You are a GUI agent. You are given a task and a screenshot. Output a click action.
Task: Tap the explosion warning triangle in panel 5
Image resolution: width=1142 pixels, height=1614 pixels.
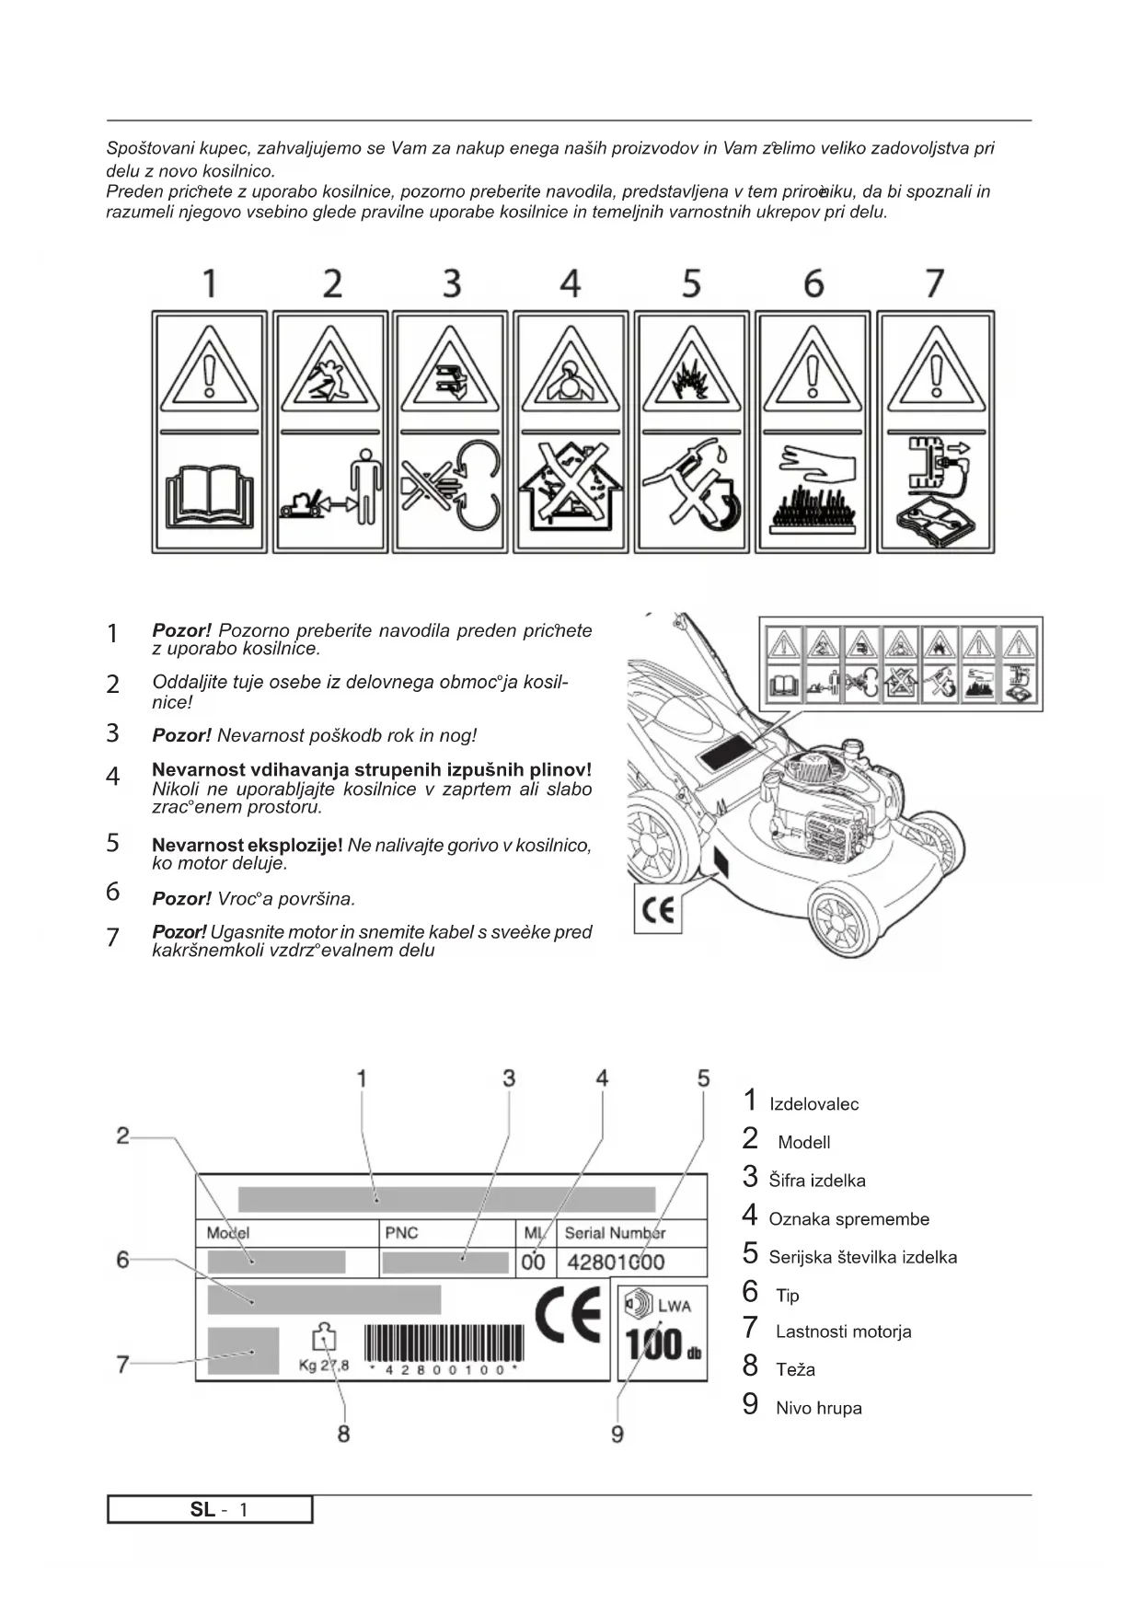pos(692,373)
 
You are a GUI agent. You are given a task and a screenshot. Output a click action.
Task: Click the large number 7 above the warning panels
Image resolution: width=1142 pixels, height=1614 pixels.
pos(934,283)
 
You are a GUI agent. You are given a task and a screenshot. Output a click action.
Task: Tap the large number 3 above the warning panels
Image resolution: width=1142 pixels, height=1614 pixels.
pos(451,283)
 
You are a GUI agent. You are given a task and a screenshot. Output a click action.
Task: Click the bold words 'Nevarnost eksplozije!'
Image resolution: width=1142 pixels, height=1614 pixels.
pos(247,845)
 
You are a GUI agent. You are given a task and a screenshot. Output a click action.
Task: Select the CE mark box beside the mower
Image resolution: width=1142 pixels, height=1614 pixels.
pos(658,910)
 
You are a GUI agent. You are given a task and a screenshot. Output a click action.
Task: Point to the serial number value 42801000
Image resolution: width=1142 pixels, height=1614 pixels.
pos(616,1262)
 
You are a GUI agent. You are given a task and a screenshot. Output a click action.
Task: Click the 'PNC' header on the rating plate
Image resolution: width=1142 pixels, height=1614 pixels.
pos(401,1233)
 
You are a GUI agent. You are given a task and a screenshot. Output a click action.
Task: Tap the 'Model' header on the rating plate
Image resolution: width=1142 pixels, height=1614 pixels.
pos(228,1233)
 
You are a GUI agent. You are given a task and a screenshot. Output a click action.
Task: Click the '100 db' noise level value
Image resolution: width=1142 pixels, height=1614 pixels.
pos(663,1344)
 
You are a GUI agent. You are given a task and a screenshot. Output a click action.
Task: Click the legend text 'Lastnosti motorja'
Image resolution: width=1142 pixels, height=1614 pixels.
pos(843,1332)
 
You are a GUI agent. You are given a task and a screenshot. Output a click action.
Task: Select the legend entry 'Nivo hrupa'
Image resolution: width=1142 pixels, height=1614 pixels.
pos(818,1408)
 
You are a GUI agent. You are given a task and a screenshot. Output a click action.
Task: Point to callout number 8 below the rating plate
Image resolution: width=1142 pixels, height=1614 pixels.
pos(343,1434)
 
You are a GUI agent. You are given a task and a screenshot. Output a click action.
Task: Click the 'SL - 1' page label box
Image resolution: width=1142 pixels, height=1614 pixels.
pos(210,1510)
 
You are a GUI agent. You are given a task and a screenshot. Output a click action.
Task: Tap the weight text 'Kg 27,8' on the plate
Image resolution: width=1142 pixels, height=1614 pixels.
pos(324,1366)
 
